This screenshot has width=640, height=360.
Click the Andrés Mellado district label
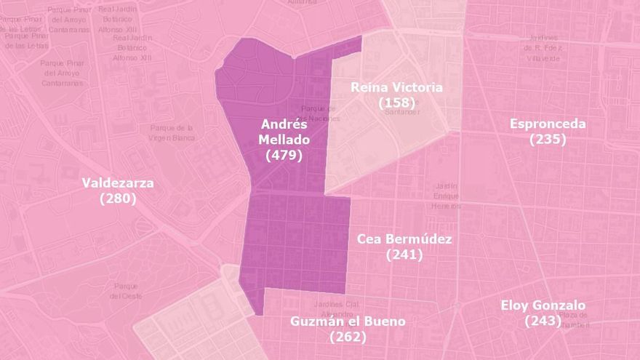[x=284, y=132]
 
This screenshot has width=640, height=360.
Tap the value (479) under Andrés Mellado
[x=284, y=155]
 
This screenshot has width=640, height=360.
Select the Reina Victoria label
[x=396, y=87]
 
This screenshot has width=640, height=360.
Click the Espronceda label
[x=548, y=124]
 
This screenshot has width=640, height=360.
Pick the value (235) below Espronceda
[x=548, y=139]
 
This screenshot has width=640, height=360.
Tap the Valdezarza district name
[x=118, y=183]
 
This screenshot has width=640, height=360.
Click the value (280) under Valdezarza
[x=118, y=198]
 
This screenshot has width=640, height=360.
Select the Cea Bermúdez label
[x=404, y=239]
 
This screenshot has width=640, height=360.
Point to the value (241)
[x=404, y=255]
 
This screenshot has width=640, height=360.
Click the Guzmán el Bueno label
[x=348, y=321]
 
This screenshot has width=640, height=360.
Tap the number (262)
[x=348, y=337]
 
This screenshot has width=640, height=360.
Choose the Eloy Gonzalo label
[x=543, y=305]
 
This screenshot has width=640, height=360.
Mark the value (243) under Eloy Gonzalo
[x=543, y=321]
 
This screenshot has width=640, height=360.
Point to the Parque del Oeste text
[x=125, y=291]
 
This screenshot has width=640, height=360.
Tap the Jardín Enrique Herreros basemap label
[x=446, y=195]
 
